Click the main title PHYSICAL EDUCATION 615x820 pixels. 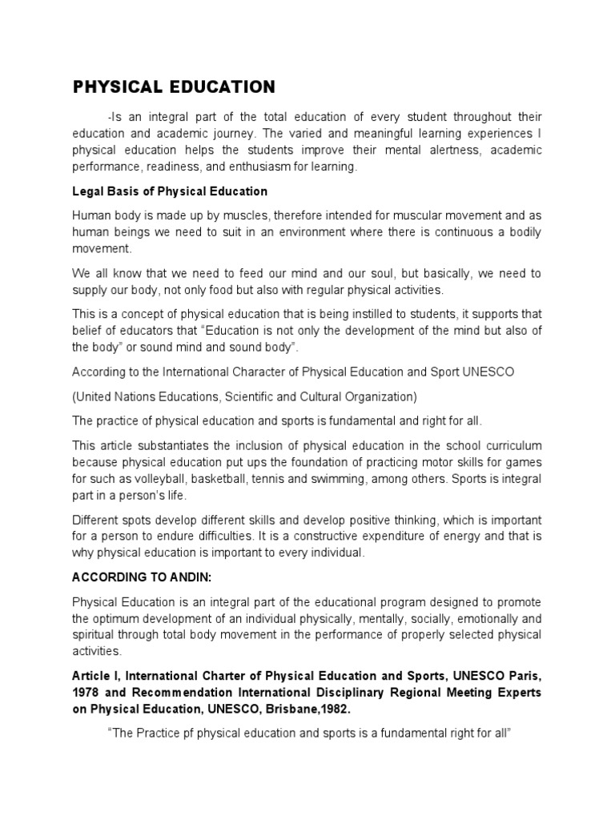click(174, 87)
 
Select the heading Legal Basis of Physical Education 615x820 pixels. click(170, 191)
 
